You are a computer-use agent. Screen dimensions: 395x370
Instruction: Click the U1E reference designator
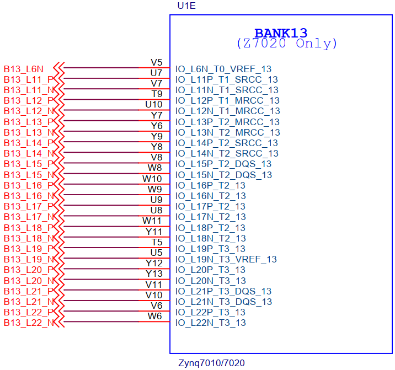186,6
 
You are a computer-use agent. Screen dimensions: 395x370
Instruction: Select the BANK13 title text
281,33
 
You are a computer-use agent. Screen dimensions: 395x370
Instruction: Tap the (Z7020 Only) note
287,44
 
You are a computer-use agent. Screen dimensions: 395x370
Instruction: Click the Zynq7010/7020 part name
211,363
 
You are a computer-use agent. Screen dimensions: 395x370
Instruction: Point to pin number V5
157,62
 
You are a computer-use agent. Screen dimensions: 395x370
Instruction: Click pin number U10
154,104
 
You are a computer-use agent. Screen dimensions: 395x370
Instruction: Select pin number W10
152,179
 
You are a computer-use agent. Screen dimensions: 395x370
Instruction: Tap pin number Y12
154,263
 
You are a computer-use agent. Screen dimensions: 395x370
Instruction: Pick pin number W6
154,316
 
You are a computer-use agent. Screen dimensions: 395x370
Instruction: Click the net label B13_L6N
23,69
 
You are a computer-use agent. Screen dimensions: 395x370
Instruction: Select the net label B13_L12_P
29,100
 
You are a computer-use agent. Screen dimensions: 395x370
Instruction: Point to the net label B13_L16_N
29,196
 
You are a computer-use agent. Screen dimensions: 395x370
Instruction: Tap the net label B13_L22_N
29,323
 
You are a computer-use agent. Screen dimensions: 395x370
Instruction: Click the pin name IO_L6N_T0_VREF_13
223,69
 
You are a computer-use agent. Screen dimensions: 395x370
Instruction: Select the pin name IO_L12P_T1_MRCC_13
227,100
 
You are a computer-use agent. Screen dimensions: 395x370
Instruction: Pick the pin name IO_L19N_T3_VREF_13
226,259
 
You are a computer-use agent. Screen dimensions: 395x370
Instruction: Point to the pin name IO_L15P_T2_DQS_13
223,164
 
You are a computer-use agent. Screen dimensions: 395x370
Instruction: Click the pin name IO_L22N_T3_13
211,323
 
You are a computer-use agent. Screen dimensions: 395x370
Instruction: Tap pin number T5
157,242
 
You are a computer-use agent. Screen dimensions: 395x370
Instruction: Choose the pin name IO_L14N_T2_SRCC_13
227,153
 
